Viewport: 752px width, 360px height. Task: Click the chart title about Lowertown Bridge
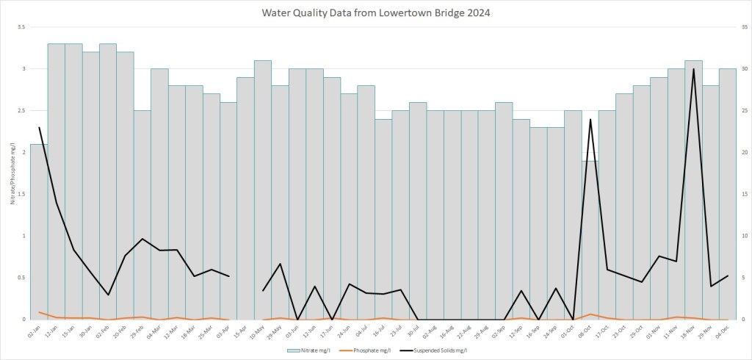375,12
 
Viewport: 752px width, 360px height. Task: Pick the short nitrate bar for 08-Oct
590,242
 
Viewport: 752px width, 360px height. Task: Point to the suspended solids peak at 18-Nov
693,69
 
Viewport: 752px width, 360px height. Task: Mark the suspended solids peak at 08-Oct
590,119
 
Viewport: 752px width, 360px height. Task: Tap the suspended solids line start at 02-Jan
39,128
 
